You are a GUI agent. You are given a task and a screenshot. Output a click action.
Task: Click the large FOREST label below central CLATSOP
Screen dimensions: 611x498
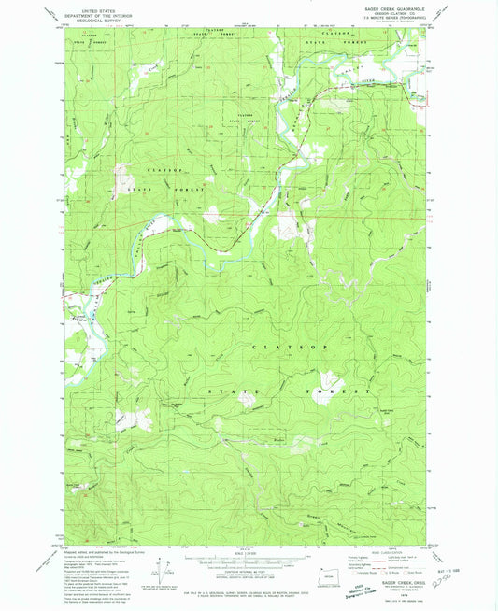[x=341, y=391]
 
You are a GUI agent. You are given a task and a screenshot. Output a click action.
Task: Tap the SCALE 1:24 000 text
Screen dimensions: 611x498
[x=246, y=552]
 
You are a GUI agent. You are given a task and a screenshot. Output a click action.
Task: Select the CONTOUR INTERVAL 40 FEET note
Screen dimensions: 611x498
[x=246, y=569]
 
